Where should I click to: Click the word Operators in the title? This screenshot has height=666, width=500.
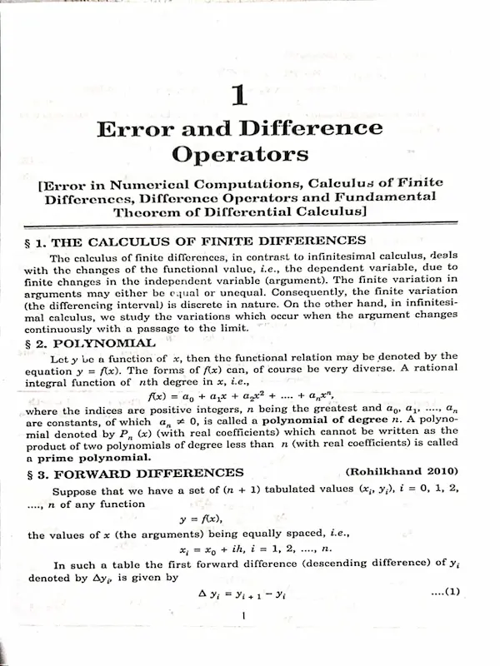[239, 154]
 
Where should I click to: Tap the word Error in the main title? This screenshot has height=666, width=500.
[132, 130]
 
